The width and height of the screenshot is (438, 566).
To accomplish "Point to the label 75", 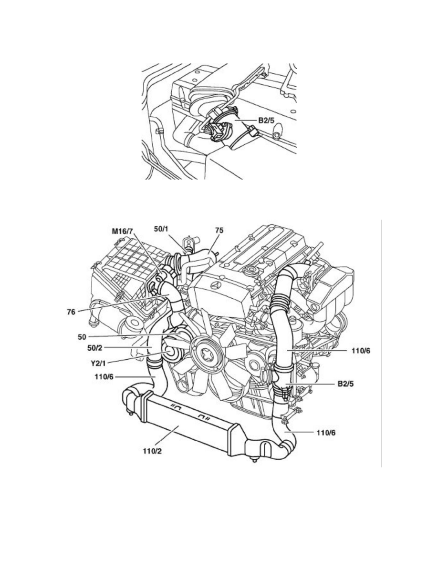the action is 219,230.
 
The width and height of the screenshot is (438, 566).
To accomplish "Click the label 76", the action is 71,312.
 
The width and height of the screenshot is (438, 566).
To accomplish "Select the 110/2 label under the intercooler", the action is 152,451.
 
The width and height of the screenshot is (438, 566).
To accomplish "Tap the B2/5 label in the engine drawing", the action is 345,384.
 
